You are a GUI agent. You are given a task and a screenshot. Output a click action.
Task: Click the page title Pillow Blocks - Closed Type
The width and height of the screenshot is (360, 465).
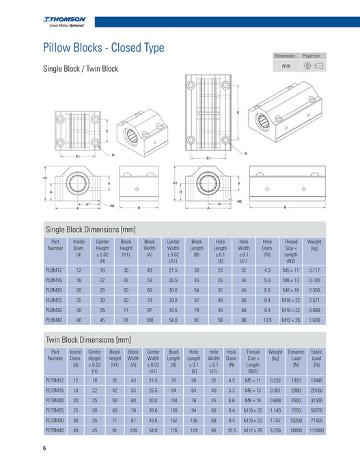[x=103, y=48]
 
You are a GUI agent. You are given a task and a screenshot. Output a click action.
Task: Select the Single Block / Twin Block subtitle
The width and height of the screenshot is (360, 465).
[x=81, y=69]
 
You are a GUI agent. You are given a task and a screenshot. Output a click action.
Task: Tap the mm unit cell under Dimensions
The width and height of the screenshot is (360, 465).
[x=285, y=67]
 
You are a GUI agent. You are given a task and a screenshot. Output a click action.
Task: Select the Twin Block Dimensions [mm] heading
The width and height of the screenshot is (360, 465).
[x=88, y=339]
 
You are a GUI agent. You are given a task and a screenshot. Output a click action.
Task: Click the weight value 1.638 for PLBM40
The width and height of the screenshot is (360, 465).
[x=314, y=319]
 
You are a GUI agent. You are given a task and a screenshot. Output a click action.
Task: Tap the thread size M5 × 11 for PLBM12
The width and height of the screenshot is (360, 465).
[x=290, y=271]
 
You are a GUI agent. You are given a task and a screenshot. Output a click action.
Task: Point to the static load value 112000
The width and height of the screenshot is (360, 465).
[x=316, y=430]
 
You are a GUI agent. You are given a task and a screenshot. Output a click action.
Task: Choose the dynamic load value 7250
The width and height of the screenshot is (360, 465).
[x=296, y=410]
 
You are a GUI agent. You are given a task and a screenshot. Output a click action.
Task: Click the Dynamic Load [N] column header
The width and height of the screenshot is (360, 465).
[x=296, y=358]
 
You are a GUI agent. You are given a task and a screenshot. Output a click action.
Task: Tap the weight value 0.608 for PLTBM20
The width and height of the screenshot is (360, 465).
[x=275, y=400]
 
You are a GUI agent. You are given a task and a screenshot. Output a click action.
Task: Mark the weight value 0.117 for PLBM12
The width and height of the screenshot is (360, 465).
[x=314, y=271]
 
